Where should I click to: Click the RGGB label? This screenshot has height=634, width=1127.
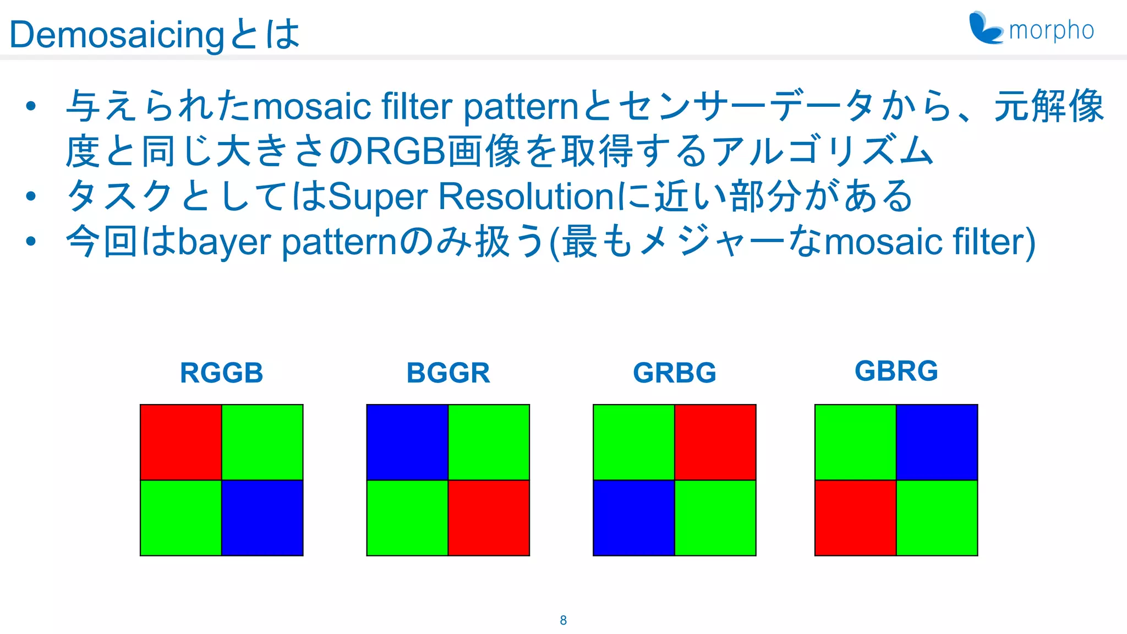(221, 373)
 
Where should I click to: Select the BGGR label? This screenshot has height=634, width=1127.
(448, 373)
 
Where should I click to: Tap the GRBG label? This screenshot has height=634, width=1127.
(675, 373)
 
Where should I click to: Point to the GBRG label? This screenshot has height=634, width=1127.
(896, 370)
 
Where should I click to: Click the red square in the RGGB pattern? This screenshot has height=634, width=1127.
(181, 442)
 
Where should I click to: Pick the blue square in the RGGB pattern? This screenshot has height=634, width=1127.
(262, 518)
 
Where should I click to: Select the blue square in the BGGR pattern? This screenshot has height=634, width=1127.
(407, 442)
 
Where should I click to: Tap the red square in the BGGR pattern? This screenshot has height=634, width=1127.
(489, 518)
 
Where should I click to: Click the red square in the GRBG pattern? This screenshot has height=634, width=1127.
(715, 442)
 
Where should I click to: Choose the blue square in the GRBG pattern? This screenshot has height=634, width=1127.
(634, 518)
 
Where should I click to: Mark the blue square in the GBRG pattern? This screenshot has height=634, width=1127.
(937, 442)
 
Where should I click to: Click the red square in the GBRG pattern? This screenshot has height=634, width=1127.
(856, 518)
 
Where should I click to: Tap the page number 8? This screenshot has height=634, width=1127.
(563, 620)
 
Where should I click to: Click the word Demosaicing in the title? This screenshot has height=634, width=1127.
(117, 35)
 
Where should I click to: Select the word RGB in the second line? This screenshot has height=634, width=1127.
(406, 151)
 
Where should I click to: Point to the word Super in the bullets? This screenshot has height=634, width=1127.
(378, 196)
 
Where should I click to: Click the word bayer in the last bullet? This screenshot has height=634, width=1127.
(225, 242)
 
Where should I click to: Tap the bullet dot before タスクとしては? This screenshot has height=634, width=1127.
(31, 196)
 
